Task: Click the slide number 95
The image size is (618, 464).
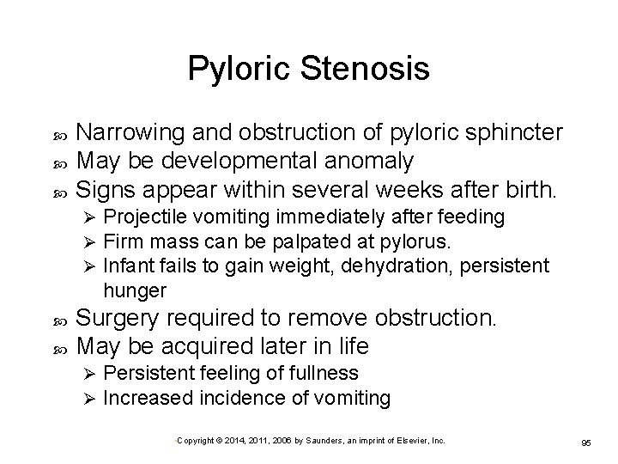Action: click(x=586, y=443)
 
